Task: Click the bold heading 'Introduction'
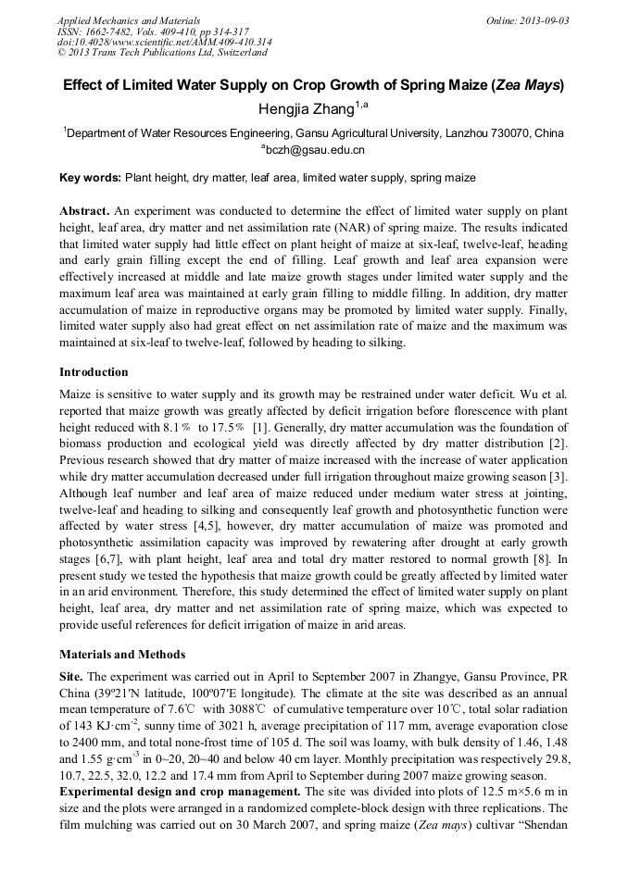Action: pos(94,372)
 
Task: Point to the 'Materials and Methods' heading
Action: pos(122,655)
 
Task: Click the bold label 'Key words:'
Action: pos(90,177)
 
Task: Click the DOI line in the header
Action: pos(164,42)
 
